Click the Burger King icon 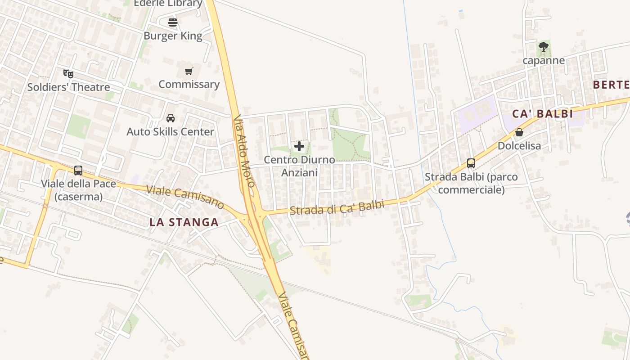click(x=173, y=22)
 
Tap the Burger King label click(x=173, y=36)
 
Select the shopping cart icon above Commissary click(x=189, y=71)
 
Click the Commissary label click(x=189, y=84)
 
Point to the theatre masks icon click(x=68, y=73)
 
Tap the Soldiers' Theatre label click(x=68, y=87)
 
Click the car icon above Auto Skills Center click(x=171, y=118)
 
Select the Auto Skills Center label click(x=171, y=132)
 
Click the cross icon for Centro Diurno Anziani click(x=299, y=146)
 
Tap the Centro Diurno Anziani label click(x=299, y=166)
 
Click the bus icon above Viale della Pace click(x=78, y=171)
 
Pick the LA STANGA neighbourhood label click(x=184, y=222)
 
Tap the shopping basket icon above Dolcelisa click(x=519, y=132)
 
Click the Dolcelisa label click(x=519, y=146)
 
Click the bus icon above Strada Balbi click(x=471, y=163)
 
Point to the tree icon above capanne click(x=544, y=46)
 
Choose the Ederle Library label click(x=168, y=4)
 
